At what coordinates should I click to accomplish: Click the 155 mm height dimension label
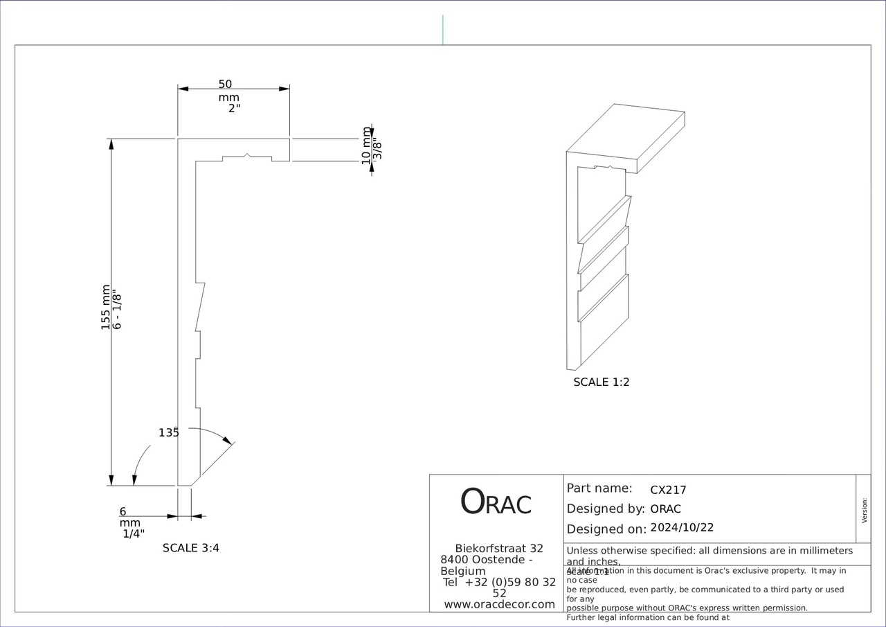click(x=106, y=307)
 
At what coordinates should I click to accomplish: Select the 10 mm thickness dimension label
click(x=367, y=145)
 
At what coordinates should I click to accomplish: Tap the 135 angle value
click(x=168, y=432)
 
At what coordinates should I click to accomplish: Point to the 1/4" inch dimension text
click(x=134, y=533)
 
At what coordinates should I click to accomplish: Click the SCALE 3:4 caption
click(x=191, y=548)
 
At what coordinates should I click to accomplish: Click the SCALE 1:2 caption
click(x=602, y=382)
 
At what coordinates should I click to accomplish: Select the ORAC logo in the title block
click(x=496, y=502)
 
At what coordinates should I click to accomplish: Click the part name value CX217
click(x=668, y=490)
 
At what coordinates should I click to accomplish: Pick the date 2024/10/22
click(x=682, y=527)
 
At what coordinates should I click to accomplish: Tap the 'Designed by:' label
click(x=606, y=509)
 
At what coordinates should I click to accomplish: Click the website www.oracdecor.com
click(x=499, y=604)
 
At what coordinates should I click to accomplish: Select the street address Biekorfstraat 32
click(x=499, y=548)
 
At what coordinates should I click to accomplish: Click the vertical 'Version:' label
click(x=864, y=510)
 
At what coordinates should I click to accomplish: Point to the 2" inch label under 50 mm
click(x=235, y=109)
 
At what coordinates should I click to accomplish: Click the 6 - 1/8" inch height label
click(x=117, y=310)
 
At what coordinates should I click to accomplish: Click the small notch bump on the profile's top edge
click(x=248, y=154)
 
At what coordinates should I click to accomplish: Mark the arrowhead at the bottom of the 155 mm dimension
click(x=111, y=480)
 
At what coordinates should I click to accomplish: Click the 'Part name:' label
click(x=599, y=488)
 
